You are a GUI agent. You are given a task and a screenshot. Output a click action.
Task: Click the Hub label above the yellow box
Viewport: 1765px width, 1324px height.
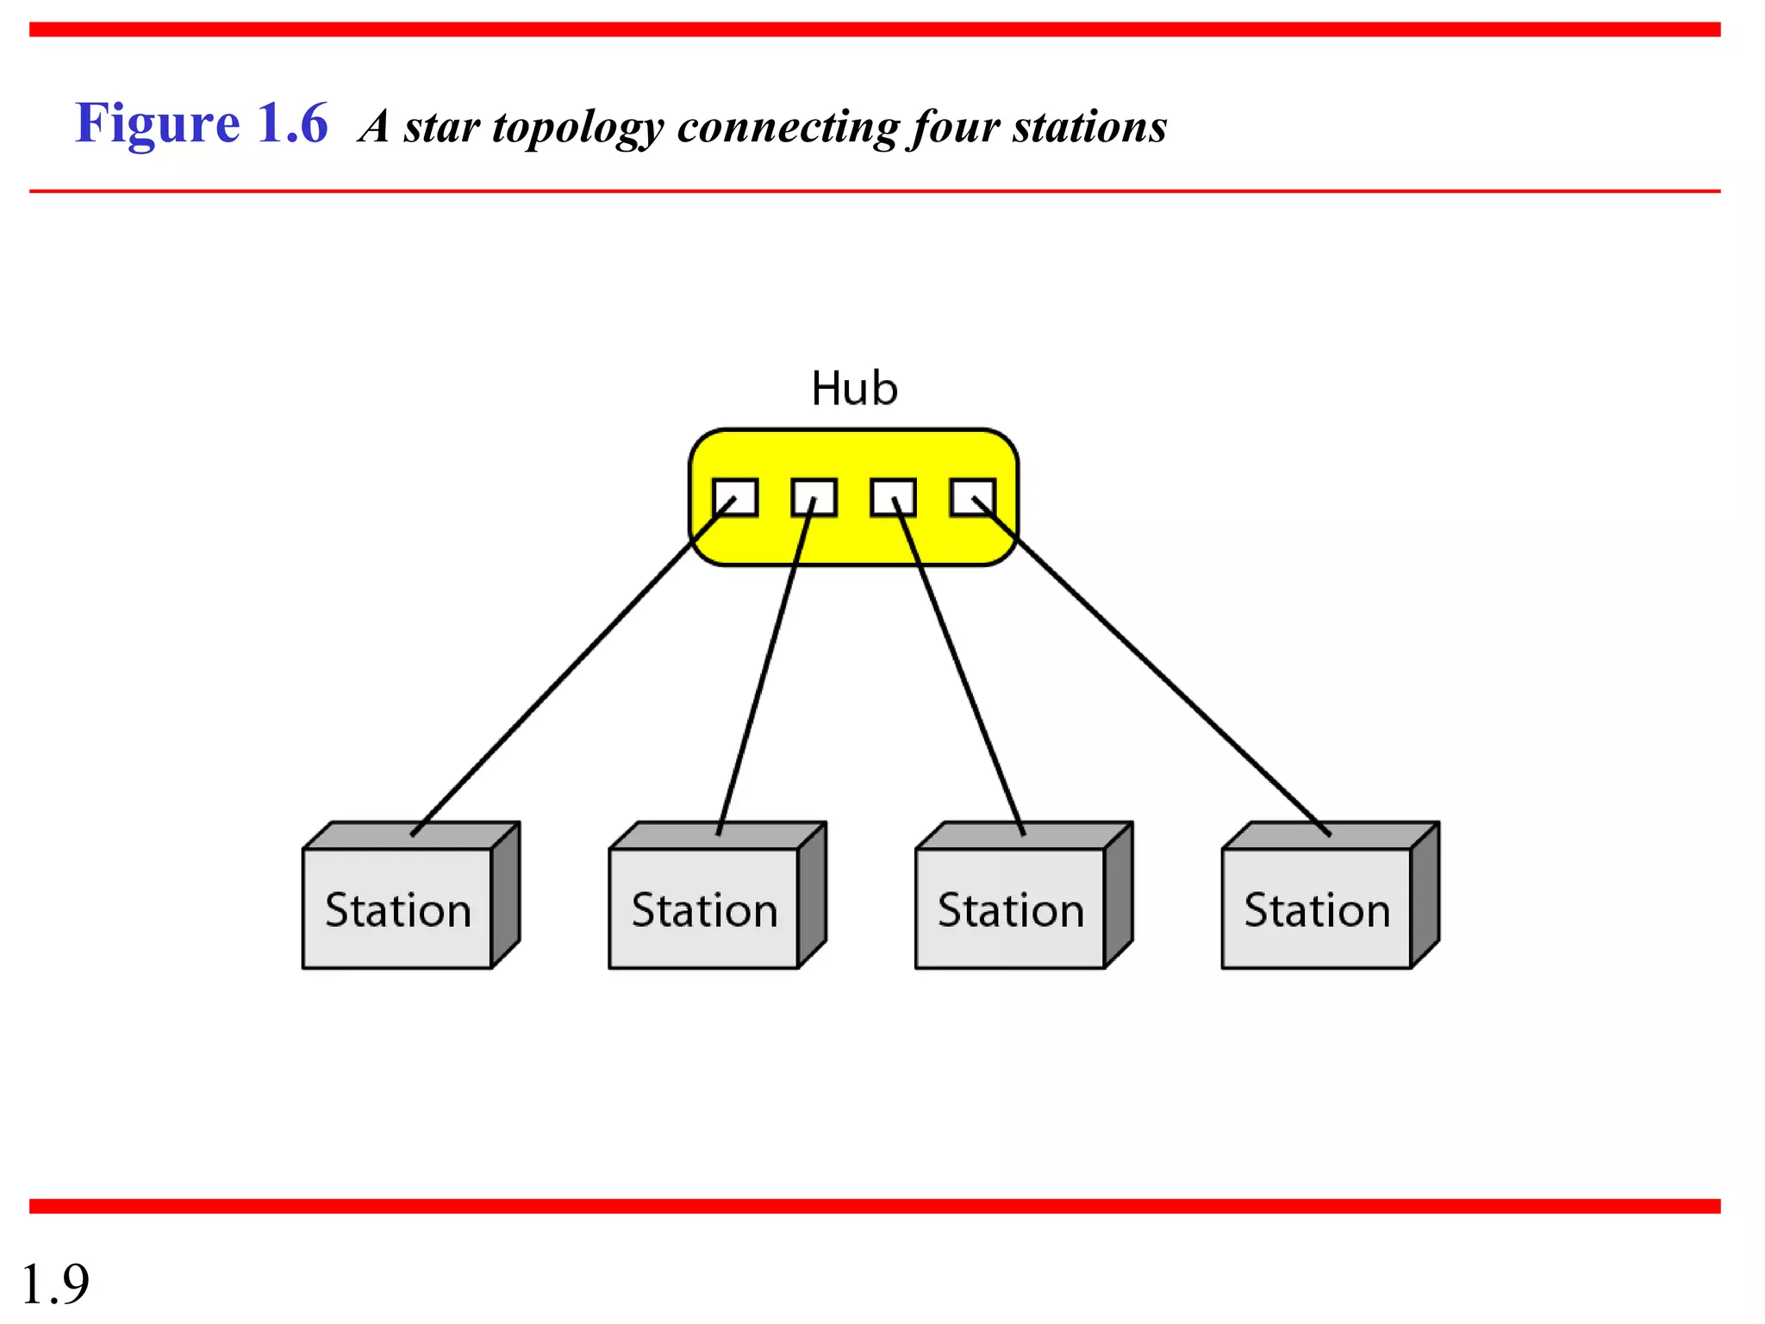coord(854,389)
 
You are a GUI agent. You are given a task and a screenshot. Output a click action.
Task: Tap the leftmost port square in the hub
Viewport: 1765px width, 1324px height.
coord(735,497)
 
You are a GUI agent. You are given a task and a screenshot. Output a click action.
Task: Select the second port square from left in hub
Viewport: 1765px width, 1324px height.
coord(814,497)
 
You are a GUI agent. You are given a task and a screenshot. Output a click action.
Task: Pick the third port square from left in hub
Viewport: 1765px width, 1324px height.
coord(893,497)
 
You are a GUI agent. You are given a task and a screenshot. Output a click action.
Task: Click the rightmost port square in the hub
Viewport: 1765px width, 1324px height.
coord(972,497)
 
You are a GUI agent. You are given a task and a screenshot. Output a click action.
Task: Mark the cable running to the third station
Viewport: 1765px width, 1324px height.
coord(958,668)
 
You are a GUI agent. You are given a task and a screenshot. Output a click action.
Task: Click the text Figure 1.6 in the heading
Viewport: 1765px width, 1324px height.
coord(201,123)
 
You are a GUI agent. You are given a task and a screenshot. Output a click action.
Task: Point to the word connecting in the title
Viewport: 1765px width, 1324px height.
coord(788,128)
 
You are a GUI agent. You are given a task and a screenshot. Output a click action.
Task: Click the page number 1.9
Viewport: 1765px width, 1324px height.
coord(55,1283)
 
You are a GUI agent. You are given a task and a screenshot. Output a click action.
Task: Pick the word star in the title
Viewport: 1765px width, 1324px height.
coord(441,128)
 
